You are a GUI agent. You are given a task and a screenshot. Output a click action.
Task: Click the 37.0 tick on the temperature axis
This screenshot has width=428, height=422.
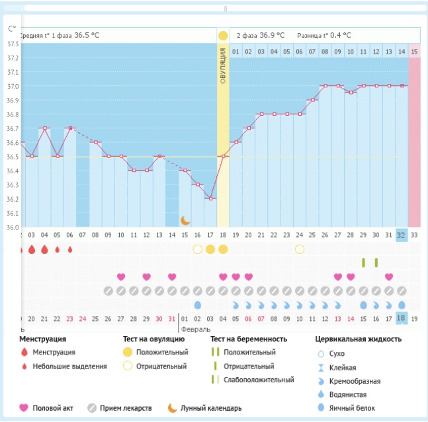(13, 86)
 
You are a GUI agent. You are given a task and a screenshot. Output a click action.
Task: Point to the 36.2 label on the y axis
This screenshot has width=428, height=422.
(13, 199)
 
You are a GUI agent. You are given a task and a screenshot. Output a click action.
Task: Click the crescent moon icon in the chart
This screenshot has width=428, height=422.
(185, 220)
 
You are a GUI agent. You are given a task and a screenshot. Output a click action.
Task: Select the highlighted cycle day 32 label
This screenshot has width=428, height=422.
(402, 235)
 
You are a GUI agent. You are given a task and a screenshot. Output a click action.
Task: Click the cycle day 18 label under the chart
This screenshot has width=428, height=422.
(223, 235)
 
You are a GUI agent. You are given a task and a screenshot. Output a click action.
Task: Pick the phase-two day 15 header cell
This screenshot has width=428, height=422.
(414, 52)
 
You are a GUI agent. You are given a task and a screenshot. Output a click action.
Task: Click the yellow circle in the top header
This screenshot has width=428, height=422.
(223, 36)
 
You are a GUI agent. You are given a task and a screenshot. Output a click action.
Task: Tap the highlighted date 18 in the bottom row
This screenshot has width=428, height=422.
(402, 318)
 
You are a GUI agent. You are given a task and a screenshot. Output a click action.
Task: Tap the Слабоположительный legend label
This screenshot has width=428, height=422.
(259, 380)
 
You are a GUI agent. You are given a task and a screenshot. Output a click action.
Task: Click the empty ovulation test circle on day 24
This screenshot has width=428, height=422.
(300, 249)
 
